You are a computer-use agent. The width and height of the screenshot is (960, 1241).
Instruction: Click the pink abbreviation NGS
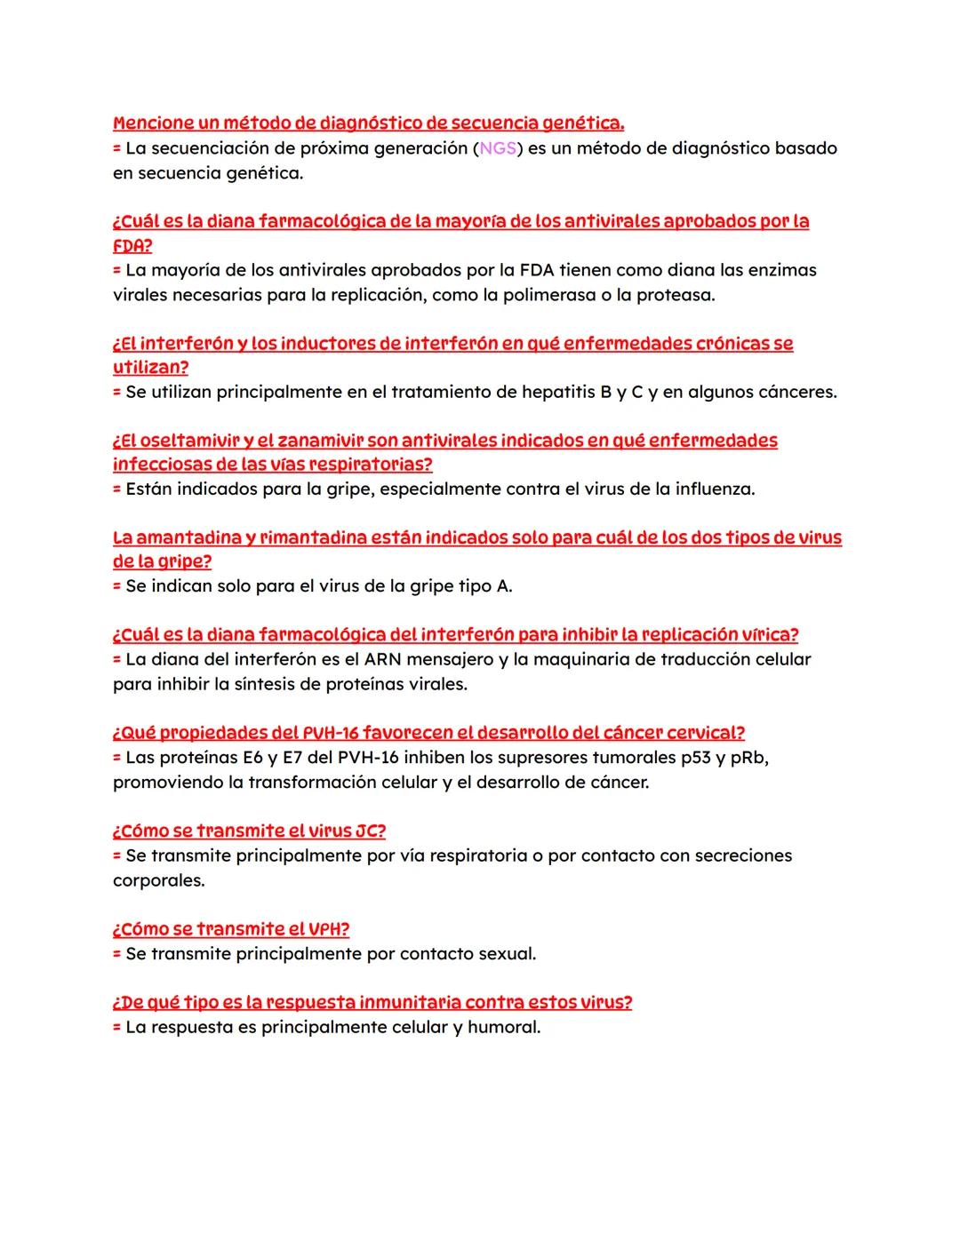pyautogui.click(x=498, y=148)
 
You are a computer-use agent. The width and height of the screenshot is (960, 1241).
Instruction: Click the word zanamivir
pyautogui.click(x=323, y=441)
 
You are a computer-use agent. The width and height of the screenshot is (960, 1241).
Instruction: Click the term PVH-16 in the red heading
pyautogui.click(x=330, y=733)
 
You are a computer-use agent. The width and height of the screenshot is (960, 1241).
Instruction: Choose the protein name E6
pyautogui.click(x=253, y=758)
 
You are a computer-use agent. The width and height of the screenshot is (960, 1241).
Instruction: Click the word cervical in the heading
pyautogui.click(x=701, y=733)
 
